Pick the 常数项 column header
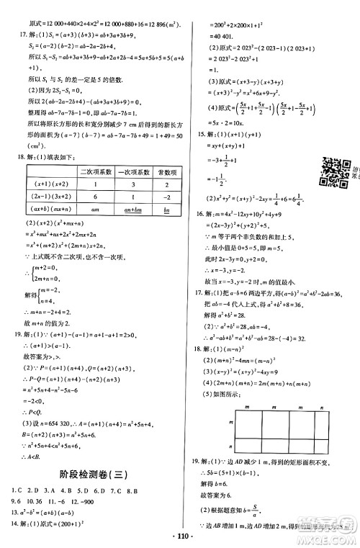167,172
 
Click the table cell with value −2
166,197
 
